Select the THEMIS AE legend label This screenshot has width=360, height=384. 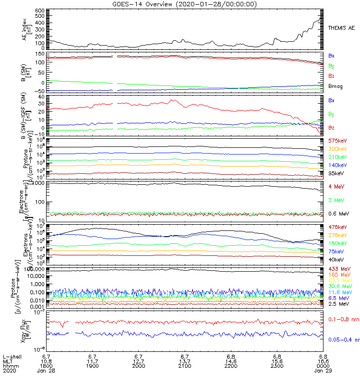pos(342,28)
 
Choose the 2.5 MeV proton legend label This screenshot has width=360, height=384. pos(337,304)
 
